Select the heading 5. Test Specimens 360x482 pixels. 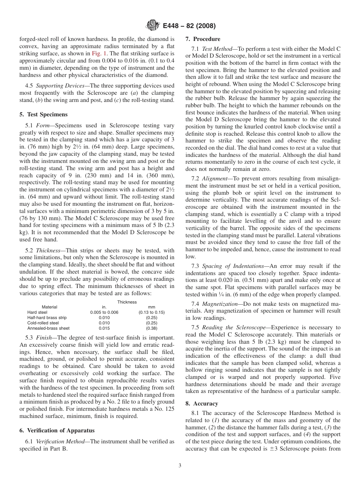43,114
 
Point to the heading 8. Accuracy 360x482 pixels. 202,404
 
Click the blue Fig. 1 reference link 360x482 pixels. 100,53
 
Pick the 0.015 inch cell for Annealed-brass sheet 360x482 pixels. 104,328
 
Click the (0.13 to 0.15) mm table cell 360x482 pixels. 152,312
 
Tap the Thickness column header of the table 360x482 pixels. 127,302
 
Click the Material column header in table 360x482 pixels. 49,307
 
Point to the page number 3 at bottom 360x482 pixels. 180,466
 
